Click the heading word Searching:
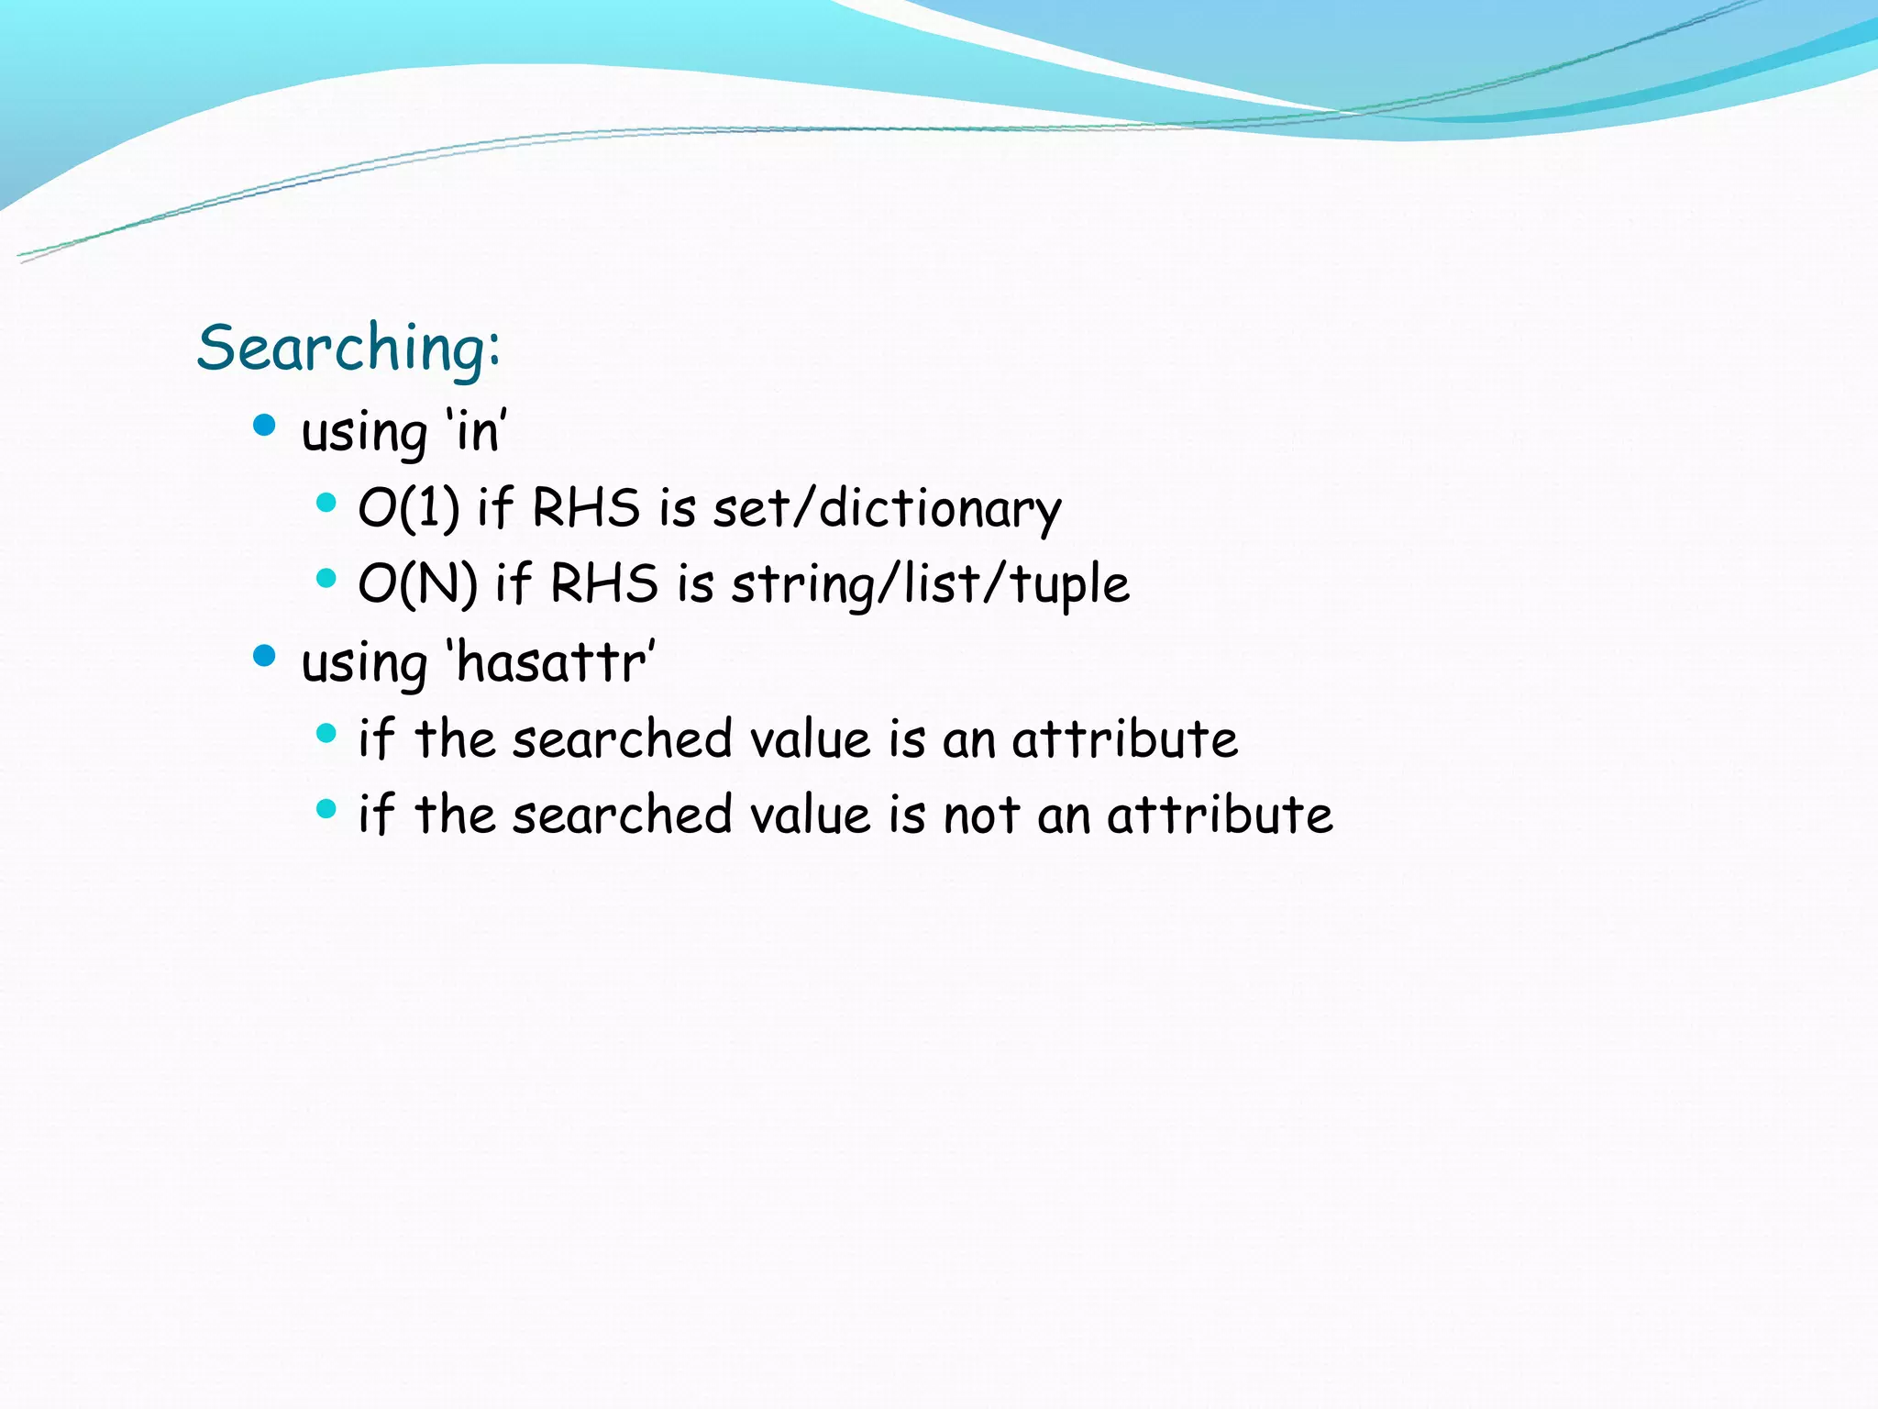(348, 349)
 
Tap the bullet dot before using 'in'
(264, 425)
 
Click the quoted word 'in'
(476, 430)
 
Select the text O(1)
(409, 507)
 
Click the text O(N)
(417, 583)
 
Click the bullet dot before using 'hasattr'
(264, 655)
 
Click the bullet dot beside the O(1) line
(326, 502)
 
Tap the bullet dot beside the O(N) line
(326, 578)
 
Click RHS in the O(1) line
(585, 507)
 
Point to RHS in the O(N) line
(603, 583)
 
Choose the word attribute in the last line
(1220, 815)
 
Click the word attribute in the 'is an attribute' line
(1124, 738)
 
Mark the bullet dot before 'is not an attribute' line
(326, 808)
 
